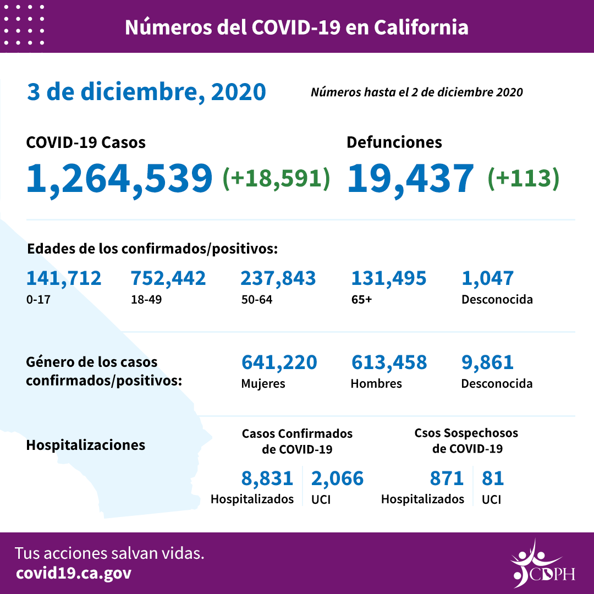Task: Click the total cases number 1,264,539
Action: pos(119,178)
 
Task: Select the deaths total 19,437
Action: pos(410,178)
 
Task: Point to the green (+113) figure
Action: pos(523,178)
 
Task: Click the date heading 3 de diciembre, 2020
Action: pos(146,92)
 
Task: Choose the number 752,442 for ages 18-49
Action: pos(168,278)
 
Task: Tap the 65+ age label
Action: pos(361,300)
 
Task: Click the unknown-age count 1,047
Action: pos(487,278)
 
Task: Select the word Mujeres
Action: pos(263,384)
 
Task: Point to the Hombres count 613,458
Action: pos(388,362)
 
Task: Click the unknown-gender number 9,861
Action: pos(487,362)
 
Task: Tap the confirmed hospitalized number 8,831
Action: pos(267,479)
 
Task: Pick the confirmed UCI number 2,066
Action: pos(337,479)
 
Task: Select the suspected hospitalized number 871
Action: pos(447,479)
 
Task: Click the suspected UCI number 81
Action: pos(493,479)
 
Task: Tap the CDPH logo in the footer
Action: pos(542,564)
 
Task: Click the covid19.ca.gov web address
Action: pos(74,574)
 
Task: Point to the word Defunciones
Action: pos(394,142)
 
